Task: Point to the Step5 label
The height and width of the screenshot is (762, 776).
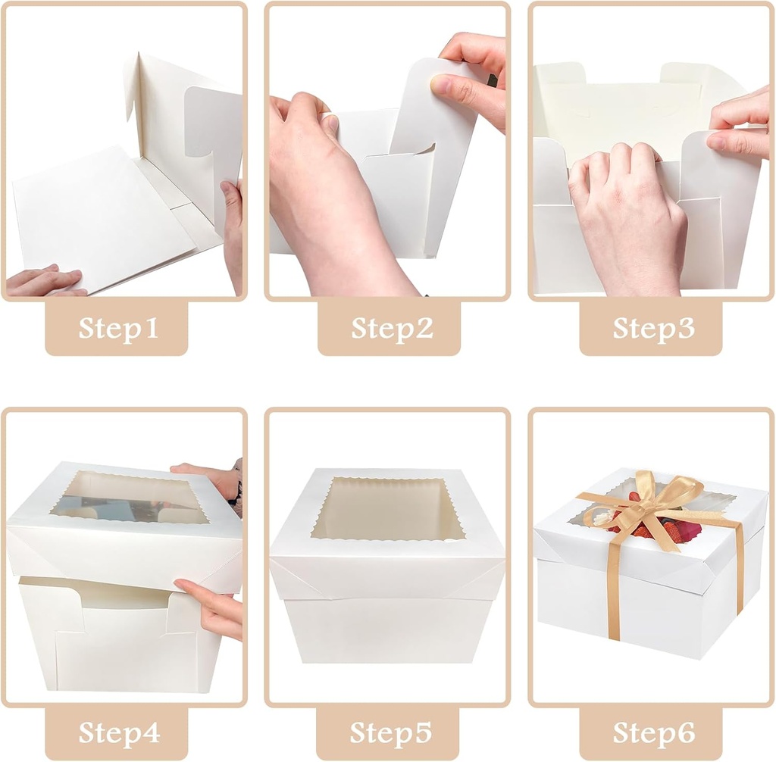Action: tap(389, 733)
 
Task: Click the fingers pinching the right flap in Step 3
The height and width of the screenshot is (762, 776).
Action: tap(739, 121)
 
